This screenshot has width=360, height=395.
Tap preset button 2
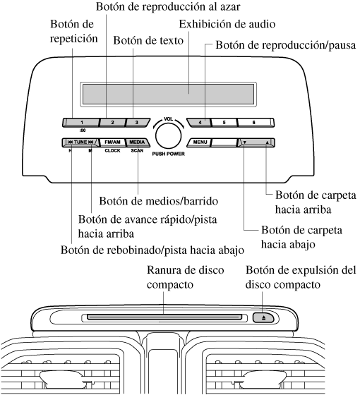(112, 123)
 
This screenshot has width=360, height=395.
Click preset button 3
(138, 123)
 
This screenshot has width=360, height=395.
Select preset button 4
(199, 123)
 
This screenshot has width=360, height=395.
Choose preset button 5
(224, 123)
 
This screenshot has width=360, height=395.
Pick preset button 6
(256, 123)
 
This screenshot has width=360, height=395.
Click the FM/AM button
(112, 142)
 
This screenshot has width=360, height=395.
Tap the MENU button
(199, 142)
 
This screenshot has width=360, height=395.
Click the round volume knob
(169, 135)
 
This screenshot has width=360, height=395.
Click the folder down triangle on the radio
(244, 142)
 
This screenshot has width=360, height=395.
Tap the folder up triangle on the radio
(267, 142)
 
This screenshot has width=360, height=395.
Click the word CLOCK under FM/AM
(112, 151)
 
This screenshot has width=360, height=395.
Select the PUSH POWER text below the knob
(169, 154)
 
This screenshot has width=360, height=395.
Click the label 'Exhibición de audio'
(227, 24)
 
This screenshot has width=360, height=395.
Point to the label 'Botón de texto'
(148, 40)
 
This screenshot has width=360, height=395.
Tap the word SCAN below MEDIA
(137, 151)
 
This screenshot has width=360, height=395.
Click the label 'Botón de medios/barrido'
(159, 201)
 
